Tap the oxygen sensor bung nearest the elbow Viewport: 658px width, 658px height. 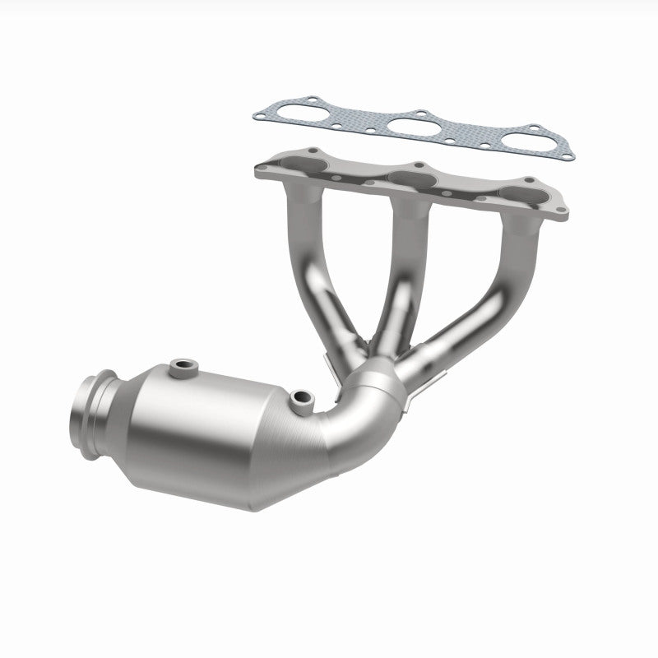click(302, 400)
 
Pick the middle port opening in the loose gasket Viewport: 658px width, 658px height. click(414, 127)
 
